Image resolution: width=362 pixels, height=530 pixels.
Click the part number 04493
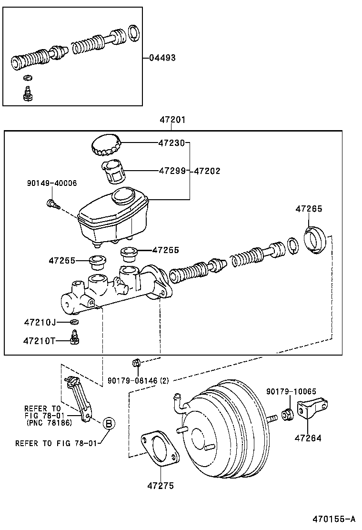tap(162, 58)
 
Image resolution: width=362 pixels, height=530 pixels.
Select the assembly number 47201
tap(172, 120)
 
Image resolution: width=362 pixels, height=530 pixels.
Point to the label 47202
tap(207, 171)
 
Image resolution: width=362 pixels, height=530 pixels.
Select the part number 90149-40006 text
tap(52, 183)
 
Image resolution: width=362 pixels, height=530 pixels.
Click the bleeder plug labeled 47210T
tap(74, 340)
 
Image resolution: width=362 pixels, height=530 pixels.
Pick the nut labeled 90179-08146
tap(135, 363)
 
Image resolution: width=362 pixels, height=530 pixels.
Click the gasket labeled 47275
tap(159, 447)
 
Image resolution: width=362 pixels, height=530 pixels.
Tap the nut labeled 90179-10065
tap(288, 415)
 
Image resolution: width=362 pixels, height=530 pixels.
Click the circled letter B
tap(109, 423)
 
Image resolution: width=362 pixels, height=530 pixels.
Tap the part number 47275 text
tap(160, 486)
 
